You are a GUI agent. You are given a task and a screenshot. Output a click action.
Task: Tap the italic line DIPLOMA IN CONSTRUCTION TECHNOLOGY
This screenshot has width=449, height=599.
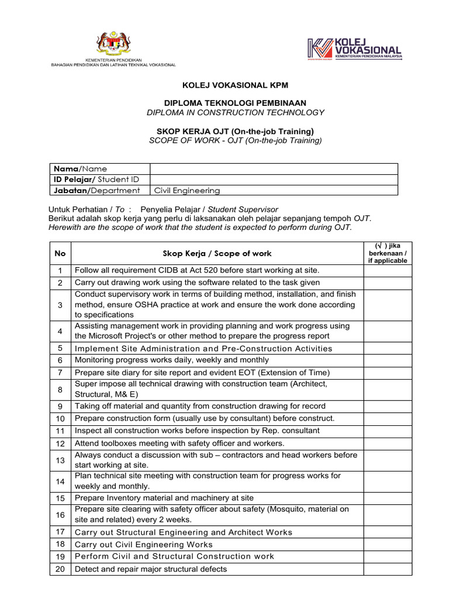tap(234, 112)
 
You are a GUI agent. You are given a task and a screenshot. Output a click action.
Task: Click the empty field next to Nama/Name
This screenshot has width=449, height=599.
tap(274, 168)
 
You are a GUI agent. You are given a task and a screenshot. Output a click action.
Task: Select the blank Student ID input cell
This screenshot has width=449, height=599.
tap(274, 179)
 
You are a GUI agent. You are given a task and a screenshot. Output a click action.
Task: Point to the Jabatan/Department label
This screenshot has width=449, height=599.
tap(97, 190)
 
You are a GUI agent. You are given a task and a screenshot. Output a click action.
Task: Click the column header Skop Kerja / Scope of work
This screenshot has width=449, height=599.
tap(217, 253)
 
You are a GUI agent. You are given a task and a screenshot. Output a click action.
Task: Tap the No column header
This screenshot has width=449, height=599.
tap(60, 253)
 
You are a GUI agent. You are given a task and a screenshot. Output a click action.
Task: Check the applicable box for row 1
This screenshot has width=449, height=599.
tap(388, 270)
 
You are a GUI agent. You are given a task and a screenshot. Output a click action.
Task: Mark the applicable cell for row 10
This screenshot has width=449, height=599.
tap(388, 418)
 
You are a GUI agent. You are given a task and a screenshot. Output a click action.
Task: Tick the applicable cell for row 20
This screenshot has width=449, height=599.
tap(388, 569)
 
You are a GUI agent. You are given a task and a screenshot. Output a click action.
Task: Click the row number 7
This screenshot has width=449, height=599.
tap(60, 373)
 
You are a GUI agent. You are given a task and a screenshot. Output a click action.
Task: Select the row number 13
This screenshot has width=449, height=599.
tap(60, 460)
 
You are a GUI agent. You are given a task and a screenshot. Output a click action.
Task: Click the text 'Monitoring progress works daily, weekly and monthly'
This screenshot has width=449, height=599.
tap(172, 360)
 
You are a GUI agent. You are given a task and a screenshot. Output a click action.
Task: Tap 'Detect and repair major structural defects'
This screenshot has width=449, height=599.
tap(151, 569)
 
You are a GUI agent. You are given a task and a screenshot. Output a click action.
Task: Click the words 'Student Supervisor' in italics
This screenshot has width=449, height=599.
tap(243, 209)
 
